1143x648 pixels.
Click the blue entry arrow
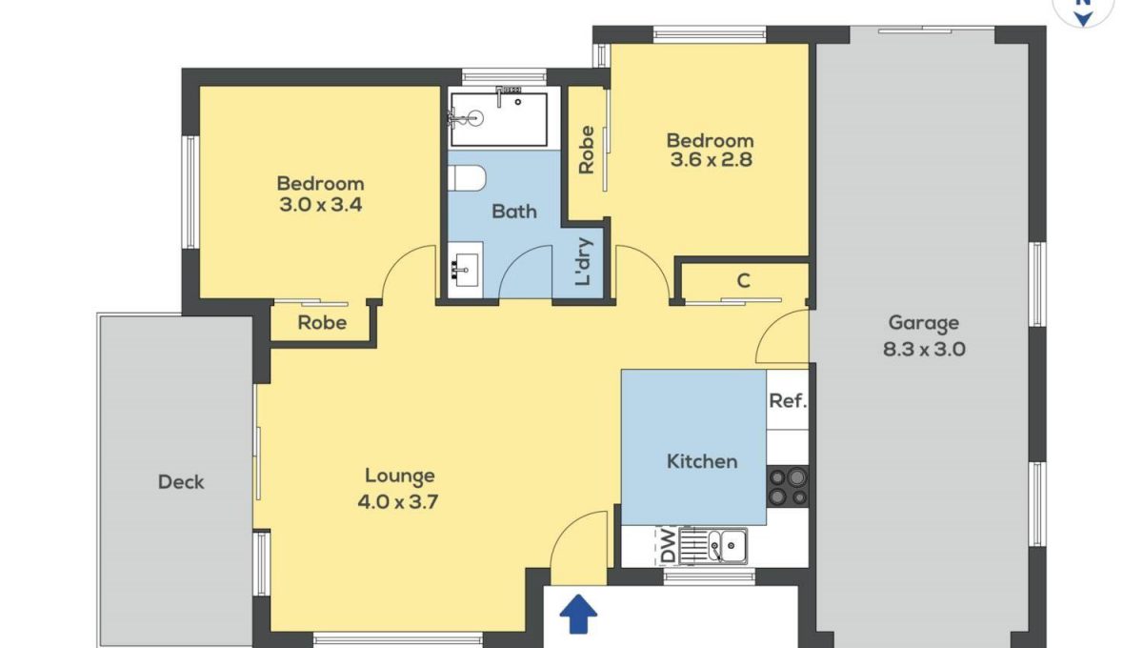(578, 614)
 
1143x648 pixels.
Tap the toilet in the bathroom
(467, 177)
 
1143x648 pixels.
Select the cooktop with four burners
(788, 487)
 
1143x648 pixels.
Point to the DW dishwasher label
(668, 545)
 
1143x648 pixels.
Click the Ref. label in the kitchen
(788, 401)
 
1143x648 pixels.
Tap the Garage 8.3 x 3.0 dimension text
(924, 350)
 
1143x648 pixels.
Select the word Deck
(181, 482)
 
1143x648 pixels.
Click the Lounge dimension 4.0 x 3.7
(398, 502)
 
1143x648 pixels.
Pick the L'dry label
(583, 261)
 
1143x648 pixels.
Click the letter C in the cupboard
(744, 281)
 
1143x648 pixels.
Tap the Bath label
(514, 212)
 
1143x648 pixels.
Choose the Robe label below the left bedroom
(322, 323)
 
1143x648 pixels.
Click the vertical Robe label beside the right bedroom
(587, 150)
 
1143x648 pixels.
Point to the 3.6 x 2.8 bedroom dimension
(711, 160)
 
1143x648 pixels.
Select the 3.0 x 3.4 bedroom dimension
(320, 205)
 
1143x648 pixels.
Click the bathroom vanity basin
(466, 270)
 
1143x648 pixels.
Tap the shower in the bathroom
(498, 118)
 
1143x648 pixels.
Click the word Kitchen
(702, 461)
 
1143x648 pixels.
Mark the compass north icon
(1083, 10)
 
